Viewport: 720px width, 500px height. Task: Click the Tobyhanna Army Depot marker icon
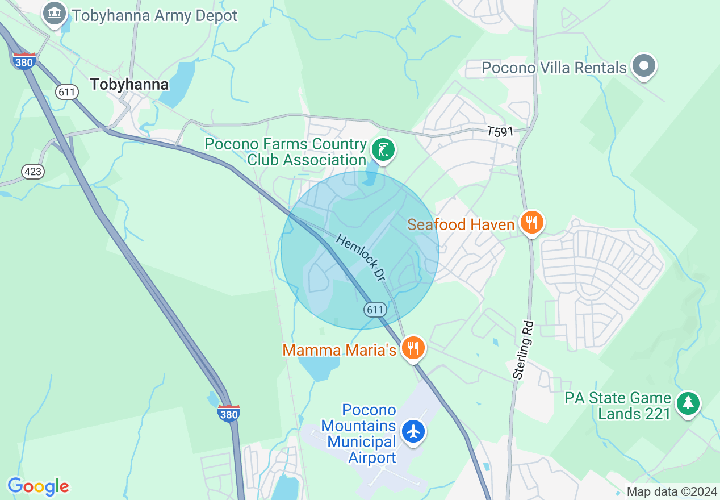coord(55,14)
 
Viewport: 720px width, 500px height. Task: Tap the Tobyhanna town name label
coord(129,85)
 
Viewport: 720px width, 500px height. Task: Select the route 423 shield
coord(34,171)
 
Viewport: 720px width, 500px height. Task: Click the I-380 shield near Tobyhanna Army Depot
coord(24,61)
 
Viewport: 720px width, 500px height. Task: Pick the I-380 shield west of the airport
coord(228,413)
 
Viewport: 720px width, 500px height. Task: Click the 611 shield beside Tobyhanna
coord(67,92)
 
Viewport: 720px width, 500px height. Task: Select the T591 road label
coord(500,132)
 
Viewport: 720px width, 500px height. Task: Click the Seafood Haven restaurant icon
coord(531,223)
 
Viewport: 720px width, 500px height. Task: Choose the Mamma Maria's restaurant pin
coord(413,348)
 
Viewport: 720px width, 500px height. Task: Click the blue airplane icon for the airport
coord(413,432)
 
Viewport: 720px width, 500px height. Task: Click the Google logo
coord(38,486)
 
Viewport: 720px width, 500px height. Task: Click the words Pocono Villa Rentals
coord(554,68)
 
